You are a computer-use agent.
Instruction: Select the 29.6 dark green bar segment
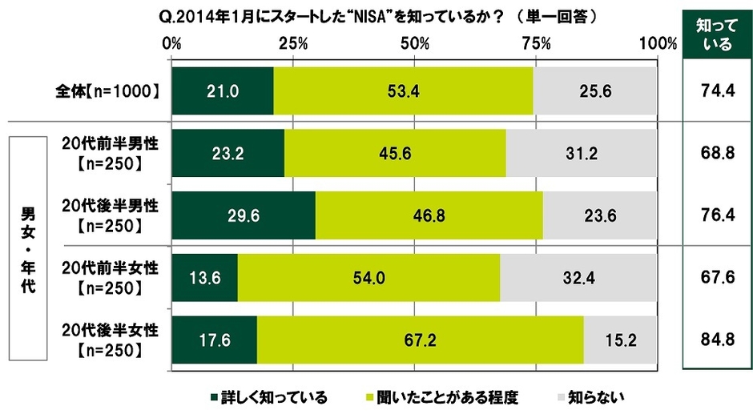pos(243,215)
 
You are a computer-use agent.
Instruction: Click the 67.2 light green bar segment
pos(420,340)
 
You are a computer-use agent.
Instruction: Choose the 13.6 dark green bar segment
pos(204,278)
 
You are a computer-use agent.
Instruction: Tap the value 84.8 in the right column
pos(711,340)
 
